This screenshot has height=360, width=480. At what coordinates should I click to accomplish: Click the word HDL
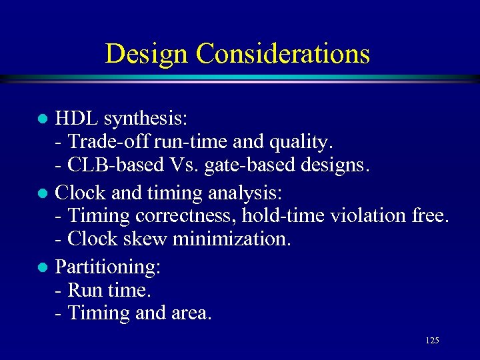pos(75,119)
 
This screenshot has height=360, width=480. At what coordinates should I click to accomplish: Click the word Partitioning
pos(108,268)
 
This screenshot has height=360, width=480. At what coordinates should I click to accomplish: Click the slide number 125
pos(431,341)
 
